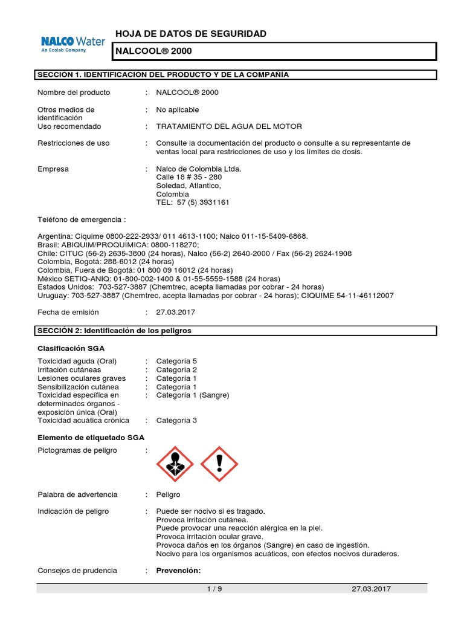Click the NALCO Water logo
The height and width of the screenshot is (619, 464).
tap(72, 44)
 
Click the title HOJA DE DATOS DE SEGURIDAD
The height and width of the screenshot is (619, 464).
tap(190, 34)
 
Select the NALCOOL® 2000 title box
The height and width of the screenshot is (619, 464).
tap(275, 51)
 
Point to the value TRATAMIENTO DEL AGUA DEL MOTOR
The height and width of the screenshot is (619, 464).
tap(229, 126)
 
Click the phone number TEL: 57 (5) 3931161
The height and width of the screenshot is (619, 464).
tap(193, 203)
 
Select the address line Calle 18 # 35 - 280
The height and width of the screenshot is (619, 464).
tap(189, 177)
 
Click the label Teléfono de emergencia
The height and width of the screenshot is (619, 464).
tap(82, 219)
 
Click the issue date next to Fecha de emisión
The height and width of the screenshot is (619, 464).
tap(176, 313)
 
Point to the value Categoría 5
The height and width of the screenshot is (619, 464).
tap(176, 361)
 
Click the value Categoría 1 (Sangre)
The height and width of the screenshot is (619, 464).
tap(193, 395)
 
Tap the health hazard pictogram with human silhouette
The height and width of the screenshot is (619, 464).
tap(175, 464)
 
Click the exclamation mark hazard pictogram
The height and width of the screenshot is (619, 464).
tap(219, 464)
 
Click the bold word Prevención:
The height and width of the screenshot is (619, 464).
tap(178, 571)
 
